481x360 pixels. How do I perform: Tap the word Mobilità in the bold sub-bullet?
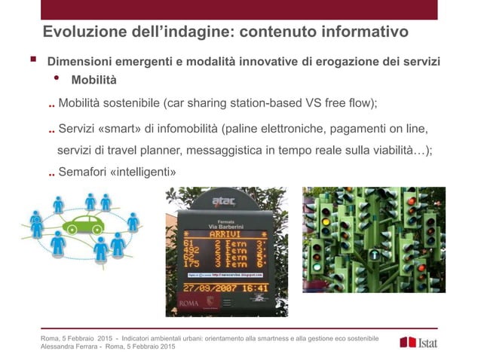tap(93, 81)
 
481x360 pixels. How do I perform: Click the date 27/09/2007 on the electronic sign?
tap(213, 287)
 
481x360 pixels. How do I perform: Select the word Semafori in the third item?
tap(82, 173)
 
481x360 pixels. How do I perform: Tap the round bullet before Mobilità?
tap(56, 78)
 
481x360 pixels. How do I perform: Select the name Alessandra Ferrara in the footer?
tap(69, 346)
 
